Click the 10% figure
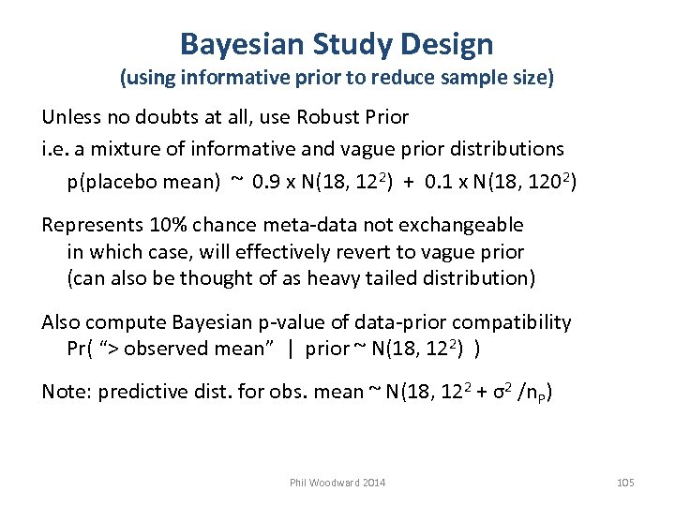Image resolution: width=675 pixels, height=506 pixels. tap(163, 225)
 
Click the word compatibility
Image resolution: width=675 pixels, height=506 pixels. tap(524, 323)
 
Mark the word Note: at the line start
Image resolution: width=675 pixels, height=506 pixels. tap(65, 393)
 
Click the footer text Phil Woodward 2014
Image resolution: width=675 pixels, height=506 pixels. tap(337, 483)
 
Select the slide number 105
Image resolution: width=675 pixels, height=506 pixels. tap(625, 483)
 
